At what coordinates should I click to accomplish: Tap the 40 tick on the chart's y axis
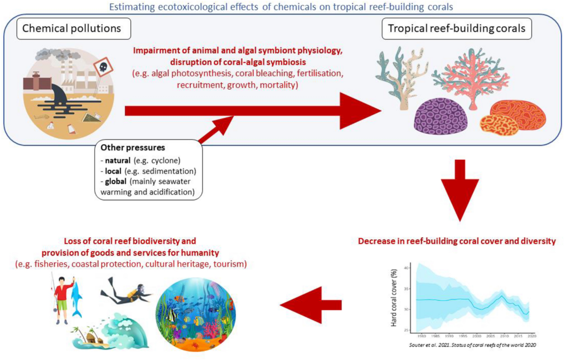pos(407,267)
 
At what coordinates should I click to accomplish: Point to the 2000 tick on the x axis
pos(477,337)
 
